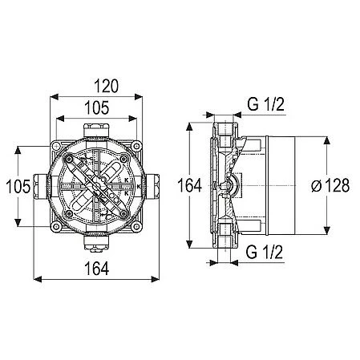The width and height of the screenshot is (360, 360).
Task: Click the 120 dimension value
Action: tap(106, 86)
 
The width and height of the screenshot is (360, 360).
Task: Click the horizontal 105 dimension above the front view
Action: tap(97, 107)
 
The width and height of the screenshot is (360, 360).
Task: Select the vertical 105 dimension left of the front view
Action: tap(18, 186)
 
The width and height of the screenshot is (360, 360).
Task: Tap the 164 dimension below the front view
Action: tap(97, 269)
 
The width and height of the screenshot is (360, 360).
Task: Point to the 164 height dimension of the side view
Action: tap(189, 185)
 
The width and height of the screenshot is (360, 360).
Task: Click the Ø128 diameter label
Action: tap(330, 185)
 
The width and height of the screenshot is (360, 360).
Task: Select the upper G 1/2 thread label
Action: tap(265, 104)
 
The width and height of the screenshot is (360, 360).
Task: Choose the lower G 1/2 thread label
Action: tap(264, 252)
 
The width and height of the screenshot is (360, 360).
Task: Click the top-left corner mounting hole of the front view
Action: tap(56, 146)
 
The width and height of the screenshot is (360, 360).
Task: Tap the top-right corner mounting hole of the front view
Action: tap(136, 146)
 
